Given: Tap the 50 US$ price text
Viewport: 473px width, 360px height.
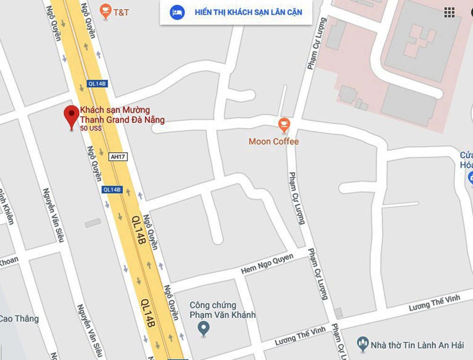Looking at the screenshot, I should tap(91, 128).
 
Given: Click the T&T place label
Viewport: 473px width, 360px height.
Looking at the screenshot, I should tap(121, 12).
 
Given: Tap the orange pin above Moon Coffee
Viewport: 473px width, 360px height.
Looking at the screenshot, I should tap(284, 124).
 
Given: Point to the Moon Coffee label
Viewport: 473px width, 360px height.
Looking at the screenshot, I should tap(273, 141).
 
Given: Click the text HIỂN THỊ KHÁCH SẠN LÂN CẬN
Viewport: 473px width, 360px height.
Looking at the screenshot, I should tap(248, 12).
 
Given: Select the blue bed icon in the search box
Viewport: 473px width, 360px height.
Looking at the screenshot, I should tap(177, 12).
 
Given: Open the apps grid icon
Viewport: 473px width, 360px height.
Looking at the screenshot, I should tap(449, 13).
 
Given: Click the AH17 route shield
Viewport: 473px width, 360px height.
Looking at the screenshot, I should tap(118, 157).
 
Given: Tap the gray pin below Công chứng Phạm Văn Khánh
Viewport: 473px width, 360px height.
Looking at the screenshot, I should tap(203, 327).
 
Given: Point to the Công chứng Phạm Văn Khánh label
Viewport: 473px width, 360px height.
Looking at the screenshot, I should tap(222, 310).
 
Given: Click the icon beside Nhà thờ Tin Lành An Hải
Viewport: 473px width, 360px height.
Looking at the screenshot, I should tap(363, 344).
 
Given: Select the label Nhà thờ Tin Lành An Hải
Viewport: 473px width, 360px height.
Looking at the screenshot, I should tap(417, 345).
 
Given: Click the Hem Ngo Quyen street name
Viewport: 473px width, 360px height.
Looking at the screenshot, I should tap(267, 263).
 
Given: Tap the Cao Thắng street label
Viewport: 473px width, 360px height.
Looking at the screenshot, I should tap(19, 318).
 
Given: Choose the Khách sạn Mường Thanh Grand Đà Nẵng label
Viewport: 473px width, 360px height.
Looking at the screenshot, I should tap(122, 115).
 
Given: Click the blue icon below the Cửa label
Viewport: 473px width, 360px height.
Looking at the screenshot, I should tap(470, 178).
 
